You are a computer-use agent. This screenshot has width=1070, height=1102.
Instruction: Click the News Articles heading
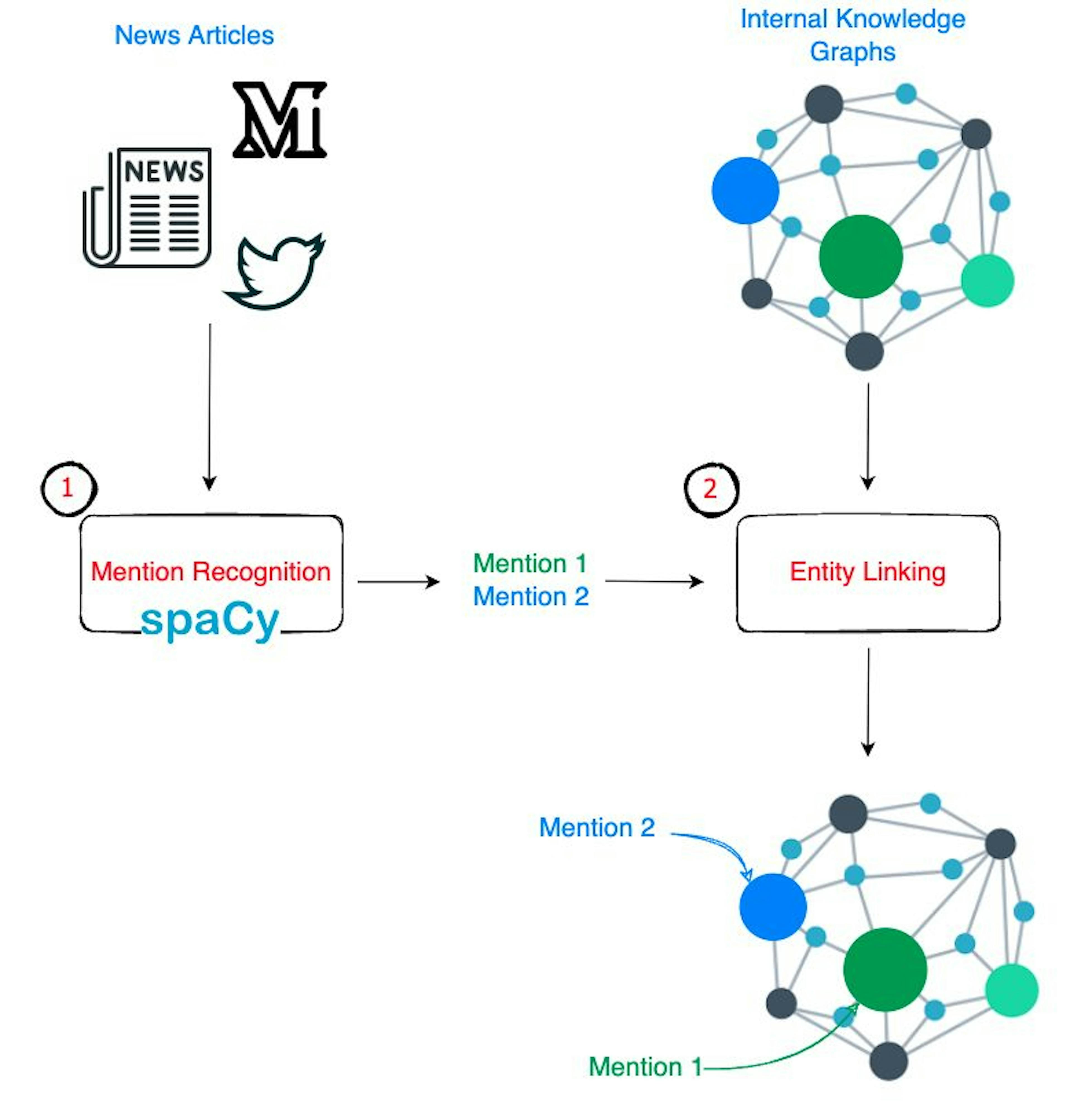(x=194, y=35)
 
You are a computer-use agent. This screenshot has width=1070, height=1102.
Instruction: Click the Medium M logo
(x=279, y=120)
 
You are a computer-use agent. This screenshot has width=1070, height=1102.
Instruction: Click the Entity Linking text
(x=868, y=572)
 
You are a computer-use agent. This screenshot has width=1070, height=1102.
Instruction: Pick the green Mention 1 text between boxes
(x=530, y=563)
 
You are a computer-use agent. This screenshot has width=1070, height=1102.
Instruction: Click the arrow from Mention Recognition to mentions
(x=398, y=581)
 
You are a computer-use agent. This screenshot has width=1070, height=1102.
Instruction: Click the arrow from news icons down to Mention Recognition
(x=210, y=405)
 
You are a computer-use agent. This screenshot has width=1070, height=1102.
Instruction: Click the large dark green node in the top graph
(x=861, y=256)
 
